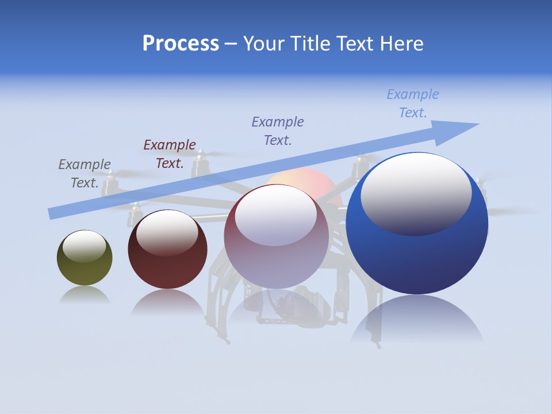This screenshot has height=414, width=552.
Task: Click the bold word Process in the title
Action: [x=181, y=44]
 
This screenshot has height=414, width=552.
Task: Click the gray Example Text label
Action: [x=85, y=173]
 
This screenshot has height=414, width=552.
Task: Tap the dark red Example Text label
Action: [x=170, y=154]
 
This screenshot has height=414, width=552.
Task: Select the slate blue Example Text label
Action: [x=278, y=131]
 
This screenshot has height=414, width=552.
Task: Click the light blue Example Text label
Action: [x=413, y=103]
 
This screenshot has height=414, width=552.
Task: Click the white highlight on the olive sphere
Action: [x=85, y=246]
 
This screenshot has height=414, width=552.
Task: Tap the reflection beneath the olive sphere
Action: [x=85, y=294]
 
